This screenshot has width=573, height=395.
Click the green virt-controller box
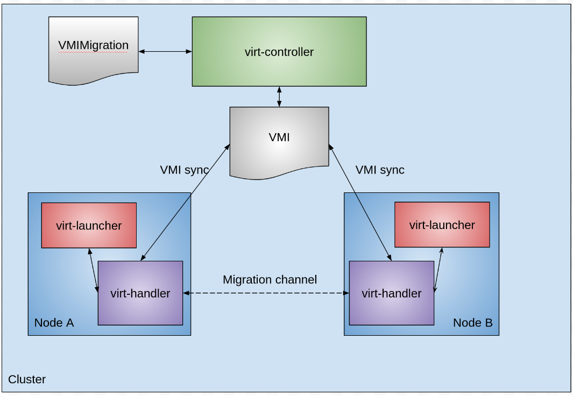pyautogui.click(x=279, y=51)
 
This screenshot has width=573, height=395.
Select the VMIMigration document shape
pyautogui.click(x=93, y=48)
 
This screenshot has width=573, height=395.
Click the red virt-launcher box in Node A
pyautogui.click(x=89, y=225)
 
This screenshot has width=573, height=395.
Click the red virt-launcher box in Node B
pyautogui.click(x=442, y=225)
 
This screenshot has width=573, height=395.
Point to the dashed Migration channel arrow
pyautogui.click(x=266, y=293)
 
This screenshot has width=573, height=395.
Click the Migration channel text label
pyautogui.click(x=270, y=280)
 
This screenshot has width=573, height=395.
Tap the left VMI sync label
pyautogui.click(x=184, y=170)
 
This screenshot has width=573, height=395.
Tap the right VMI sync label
pyautogui.click(x=380, y=170)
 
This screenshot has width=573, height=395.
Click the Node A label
pyautogui.click(x=54, y=323)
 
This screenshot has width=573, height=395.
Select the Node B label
pyautogui.click(x=472, y=323)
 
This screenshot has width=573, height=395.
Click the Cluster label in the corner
pyautogui.click(x=27, y=379)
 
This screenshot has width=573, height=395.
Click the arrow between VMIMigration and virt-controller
pyautogui.click(x=165, y=52)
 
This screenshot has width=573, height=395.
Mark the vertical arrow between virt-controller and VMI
pyautogui.click(x=279, y=96)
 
